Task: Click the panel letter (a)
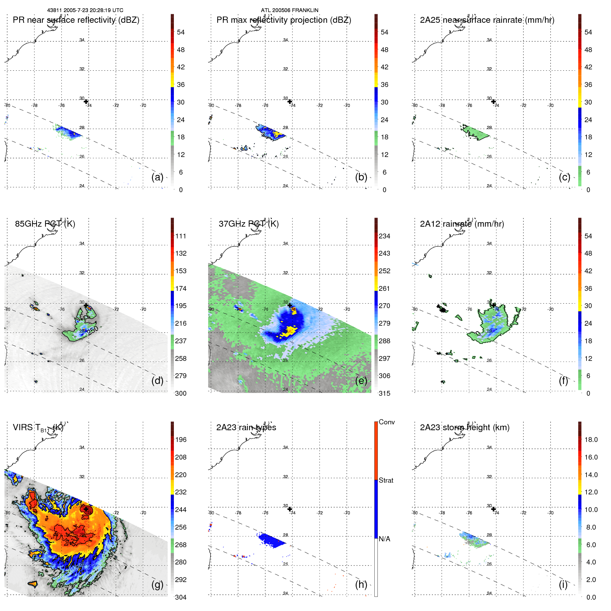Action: [x=157, y=177]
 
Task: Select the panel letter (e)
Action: [x=361, y=381]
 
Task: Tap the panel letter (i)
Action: [x=563, y=584]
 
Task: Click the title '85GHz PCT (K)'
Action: [x=45, y=224]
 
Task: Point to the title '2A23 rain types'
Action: [x=246, y=427]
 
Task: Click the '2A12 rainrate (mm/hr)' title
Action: [x=462, y=224]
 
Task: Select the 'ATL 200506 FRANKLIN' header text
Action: [x=289, y=10]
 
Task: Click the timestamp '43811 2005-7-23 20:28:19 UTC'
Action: [x=85, y=10]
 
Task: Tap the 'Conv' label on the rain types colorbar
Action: [x=386, y=422]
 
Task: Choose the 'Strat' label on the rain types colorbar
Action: [x=386, y=480]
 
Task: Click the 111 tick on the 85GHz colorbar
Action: [x=180, y=236]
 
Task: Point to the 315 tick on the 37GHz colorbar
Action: [x=384, y=393]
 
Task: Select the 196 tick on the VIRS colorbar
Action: [x=180, y=440]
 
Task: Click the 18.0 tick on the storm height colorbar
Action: [x=591, y=440]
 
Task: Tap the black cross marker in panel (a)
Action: [x=86, y=101]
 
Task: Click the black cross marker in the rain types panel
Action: [x=290, y=509]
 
